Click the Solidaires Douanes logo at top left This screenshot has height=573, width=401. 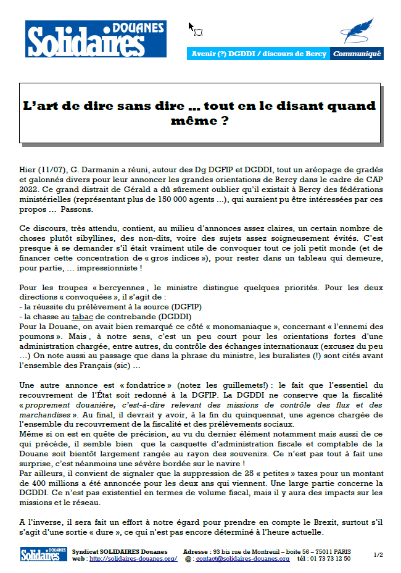(x=95, y=40)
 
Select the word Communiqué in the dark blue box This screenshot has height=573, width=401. (x=357, y=54)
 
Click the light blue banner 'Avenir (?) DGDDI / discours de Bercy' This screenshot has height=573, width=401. (x=258, y=54)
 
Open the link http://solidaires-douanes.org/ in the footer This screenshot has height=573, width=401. (x=133, y=558)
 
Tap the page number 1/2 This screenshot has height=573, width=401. (x=378, y=554)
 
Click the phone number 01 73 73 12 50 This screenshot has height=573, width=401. (x=331, y=558)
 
